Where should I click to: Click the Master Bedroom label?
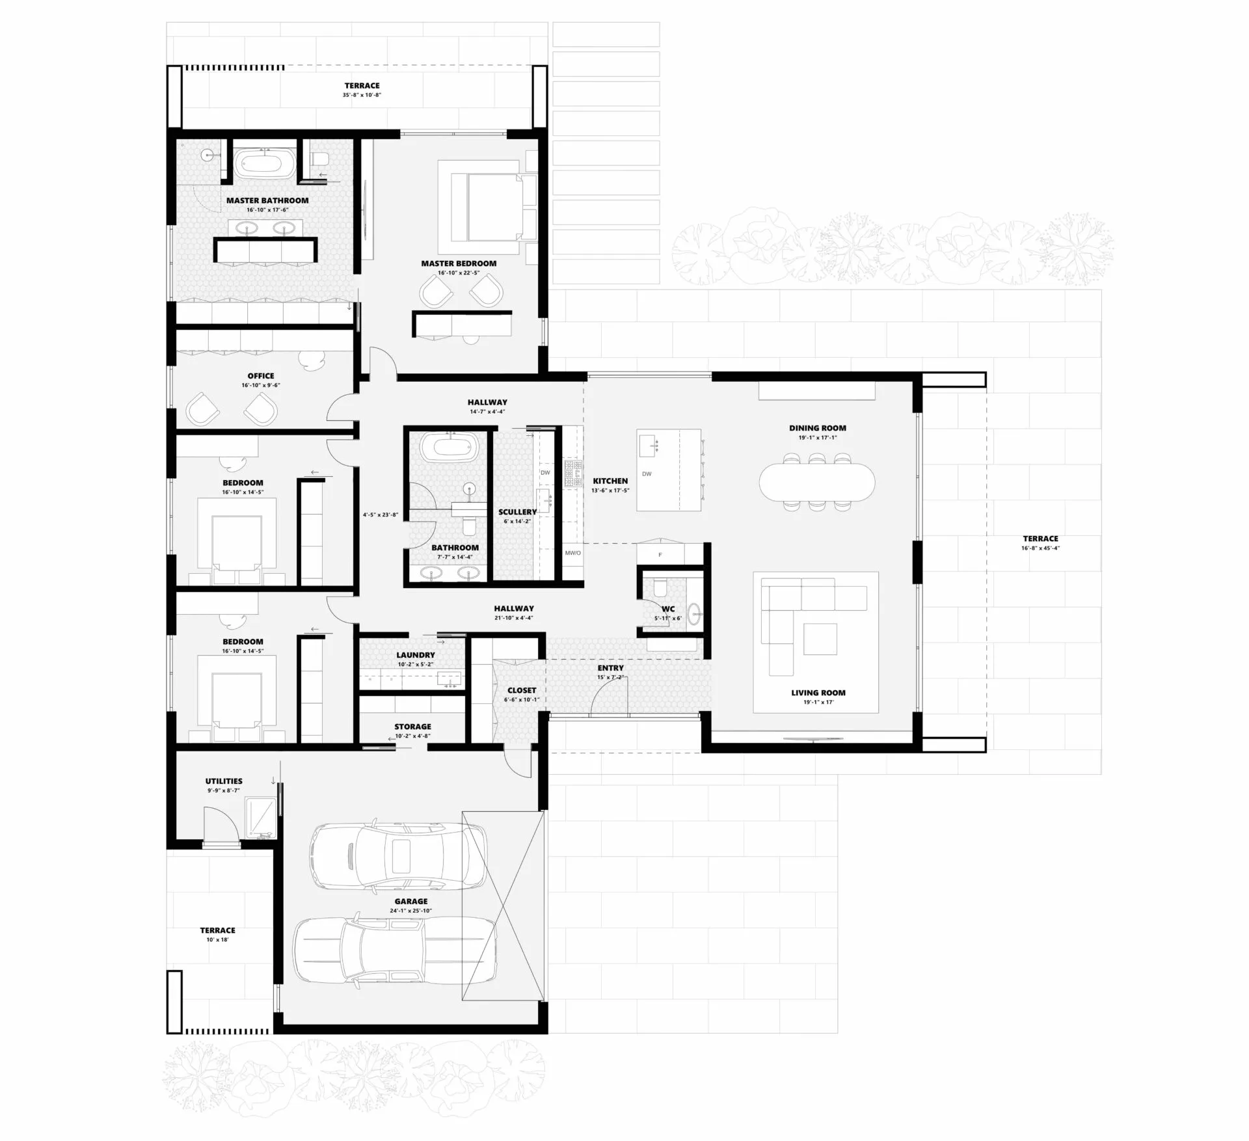pyautogui.click(x=459, y=263)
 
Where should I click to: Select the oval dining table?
pyautogui.click(x=817, y=481)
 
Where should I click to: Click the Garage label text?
pyautogui.click(x=411, y=902)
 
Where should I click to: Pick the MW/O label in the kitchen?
pyautogui.click(x=572, y=553)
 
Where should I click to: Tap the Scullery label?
pyautogui.click(x=517, y=512)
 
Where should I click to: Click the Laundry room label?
pyautogui.click(x=416, y=655)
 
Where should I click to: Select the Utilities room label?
pyautogui.click(x=224, y=781)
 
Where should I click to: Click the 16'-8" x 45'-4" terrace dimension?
pyautogui.click(x=1041, y=548)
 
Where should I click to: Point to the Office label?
pyautogui.click(x=261, y=376)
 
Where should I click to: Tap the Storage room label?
pyautogui.click(x=412, y=727)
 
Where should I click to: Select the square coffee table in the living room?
pyautogui.click(x=820, y=639)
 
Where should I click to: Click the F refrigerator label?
pyautogui.click(x=660, y=555)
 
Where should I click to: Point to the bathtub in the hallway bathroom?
pyautogui.click(x=450, y=448)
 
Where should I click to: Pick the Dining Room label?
pyautogui.click(x=818, y=428)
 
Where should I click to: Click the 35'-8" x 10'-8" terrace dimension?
pyautogui.click(x=362, y=95)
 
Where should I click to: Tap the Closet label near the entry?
pyautogui.click(x=522, y=690)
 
